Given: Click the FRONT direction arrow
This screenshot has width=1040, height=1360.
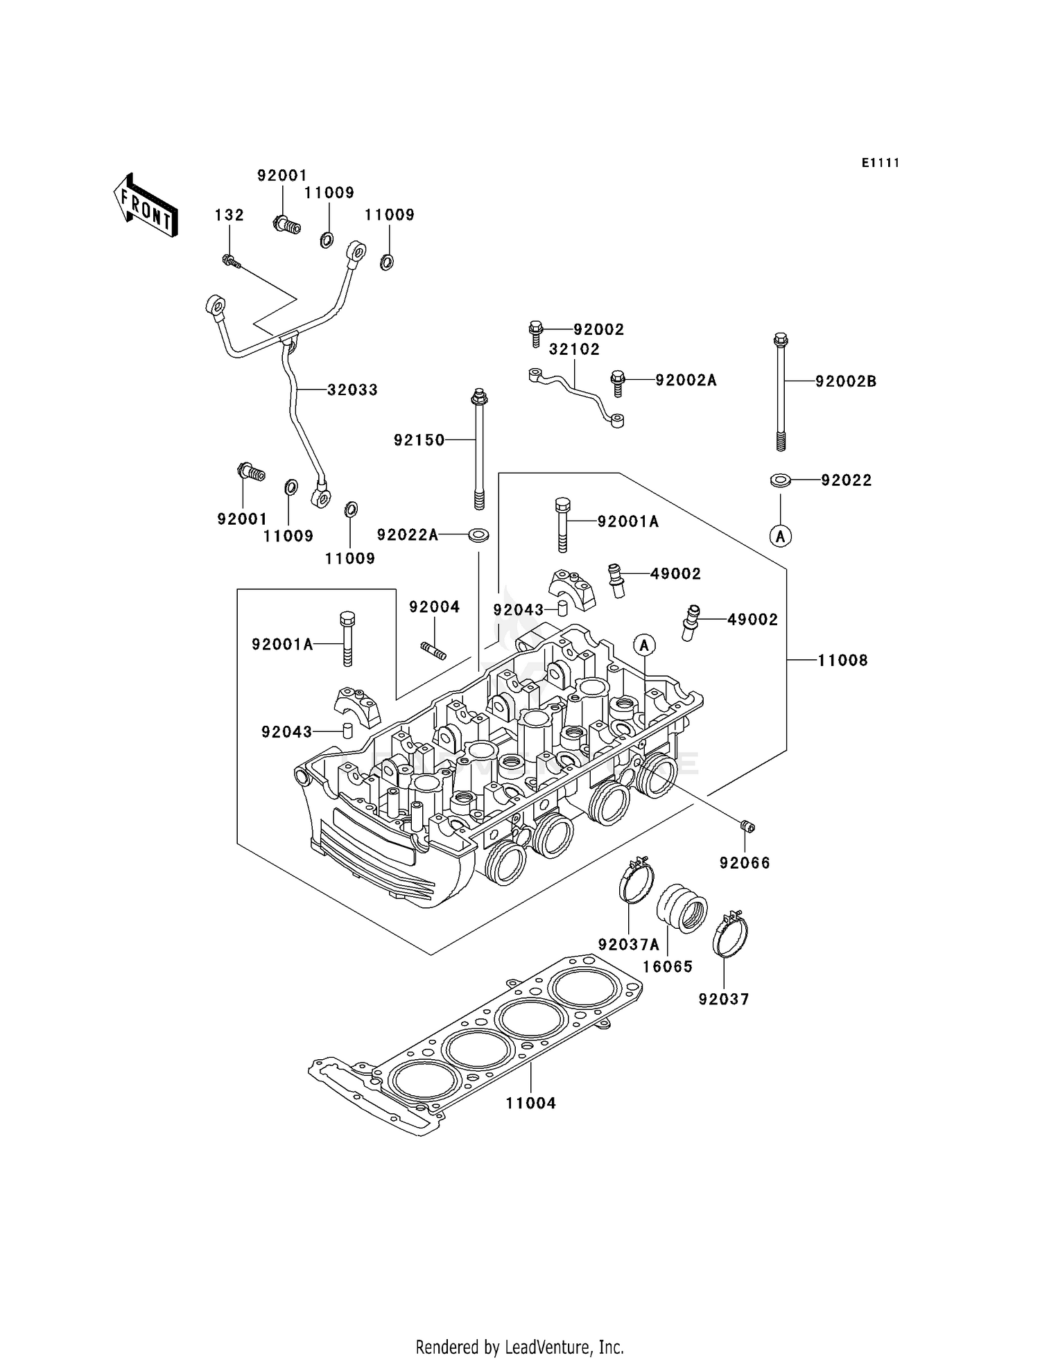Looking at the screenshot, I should tap(146, 206).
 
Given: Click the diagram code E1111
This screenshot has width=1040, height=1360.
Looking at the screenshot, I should tap(881, 163).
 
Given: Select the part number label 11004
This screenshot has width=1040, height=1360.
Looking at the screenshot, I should tap(530, 1103).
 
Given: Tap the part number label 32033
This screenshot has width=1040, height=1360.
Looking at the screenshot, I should tap(352, 390).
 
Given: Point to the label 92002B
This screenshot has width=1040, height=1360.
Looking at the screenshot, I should tap(846, 381).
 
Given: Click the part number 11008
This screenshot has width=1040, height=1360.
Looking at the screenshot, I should tap(842, 660).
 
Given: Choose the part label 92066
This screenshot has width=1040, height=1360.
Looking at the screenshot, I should tap(745, 863).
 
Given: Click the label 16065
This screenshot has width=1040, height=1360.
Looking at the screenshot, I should tap(667, 966).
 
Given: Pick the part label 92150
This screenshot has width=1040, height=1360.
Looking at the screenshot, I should tap(419, 440).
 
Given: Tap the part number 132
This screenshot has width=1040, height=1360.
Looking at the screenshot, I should tap(229, 215).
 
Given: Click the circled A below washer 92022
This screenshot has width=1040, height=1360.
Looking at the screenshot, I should tap(781, 536).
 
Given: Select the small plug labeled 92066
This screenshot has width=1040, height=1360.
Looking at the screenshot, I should tap(747, 826).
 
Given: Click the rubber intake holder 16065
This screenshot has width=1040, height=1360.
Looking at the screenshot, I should tap(682, 909).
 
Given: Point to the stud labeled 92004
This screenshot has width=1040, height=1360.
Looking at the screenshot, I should tap(433, 650).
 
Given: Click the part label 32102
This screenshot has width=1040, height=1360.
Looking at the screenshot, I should tap(574, 349).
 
